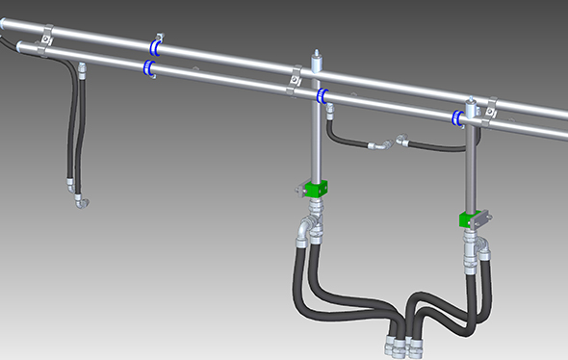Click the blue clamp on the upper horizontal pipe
click(154, 46)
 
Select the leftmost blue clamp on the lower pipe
click(148, 67)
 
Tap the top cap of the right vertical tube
click(471, 101)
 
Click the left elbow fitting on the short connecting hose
click(378, 145)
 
